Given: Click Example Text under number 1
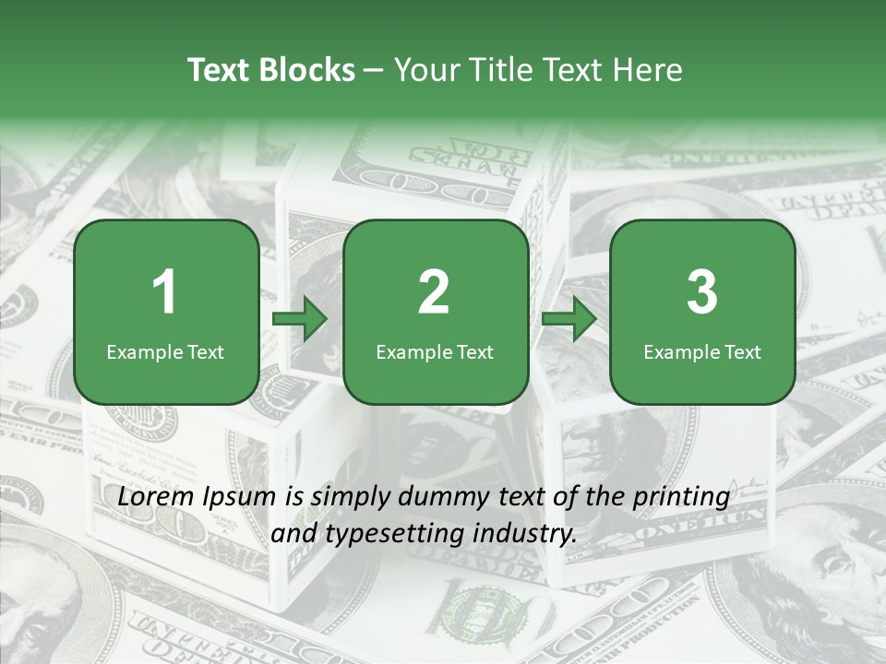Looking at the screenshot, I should click(x=165, y=351).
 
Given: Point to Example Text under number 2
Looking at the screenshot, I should click(x=435, y=351).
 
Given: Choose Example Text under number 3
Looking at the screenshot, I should click(x=702, y=351).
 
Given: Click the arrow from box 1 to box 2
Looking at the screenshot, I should click(x=300, y=320).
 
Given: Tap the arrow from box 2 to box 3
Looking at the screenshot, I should click(x=569, y=320).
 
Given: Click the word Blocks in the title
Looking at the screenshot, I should click(x=307, y=70).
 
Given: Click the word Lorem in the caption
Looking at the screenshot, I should click(x=152, y=497).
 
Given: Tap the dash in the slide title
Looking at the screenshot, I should click(x=375, y=71).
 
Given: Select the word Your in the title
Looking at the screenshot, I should click(x=425, y=70).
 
